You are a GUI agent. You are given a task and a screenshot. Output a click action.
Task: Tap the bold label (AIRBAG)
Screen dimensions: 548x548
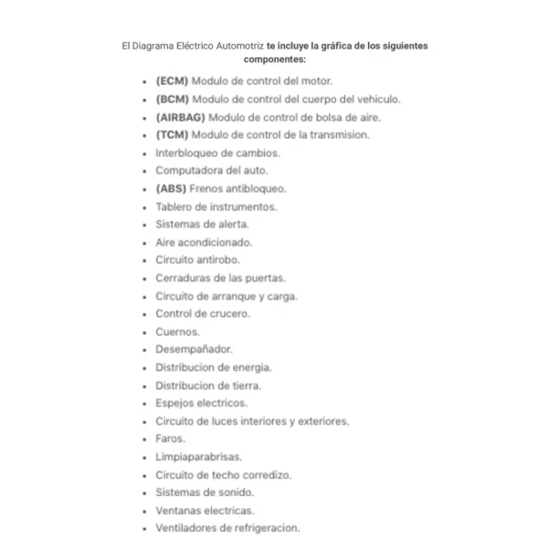pos(181,117)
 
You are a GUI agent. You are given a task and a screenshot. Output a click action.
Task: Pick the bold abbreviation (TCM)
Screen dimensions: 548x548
pos(171,134)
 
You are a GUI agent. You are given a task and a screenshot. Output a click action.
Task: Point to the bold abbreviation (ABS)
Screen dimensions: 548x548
pos(170,188)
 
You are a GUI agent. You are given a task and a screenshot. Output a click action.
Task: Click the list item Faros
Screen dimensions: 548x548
pos(170,438)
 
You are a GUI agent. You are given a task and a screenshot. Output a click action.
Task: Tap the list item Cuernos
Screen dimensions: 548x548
pos(176,332)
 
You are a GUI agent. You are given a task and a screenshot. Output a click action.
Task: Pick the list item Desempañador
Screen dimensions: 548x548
pos(194,349)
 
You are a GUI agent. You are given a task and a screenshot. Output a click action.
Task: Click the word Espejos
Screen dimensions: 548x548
pos(175,403)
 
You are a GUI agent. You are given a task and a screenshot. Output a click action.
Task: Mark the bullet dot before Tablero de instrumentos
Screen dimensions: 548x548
pos(145,206)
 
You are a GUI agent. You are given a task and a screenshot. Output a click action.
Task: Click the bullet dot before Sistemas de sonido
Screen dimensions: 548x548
pos(145,492)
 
